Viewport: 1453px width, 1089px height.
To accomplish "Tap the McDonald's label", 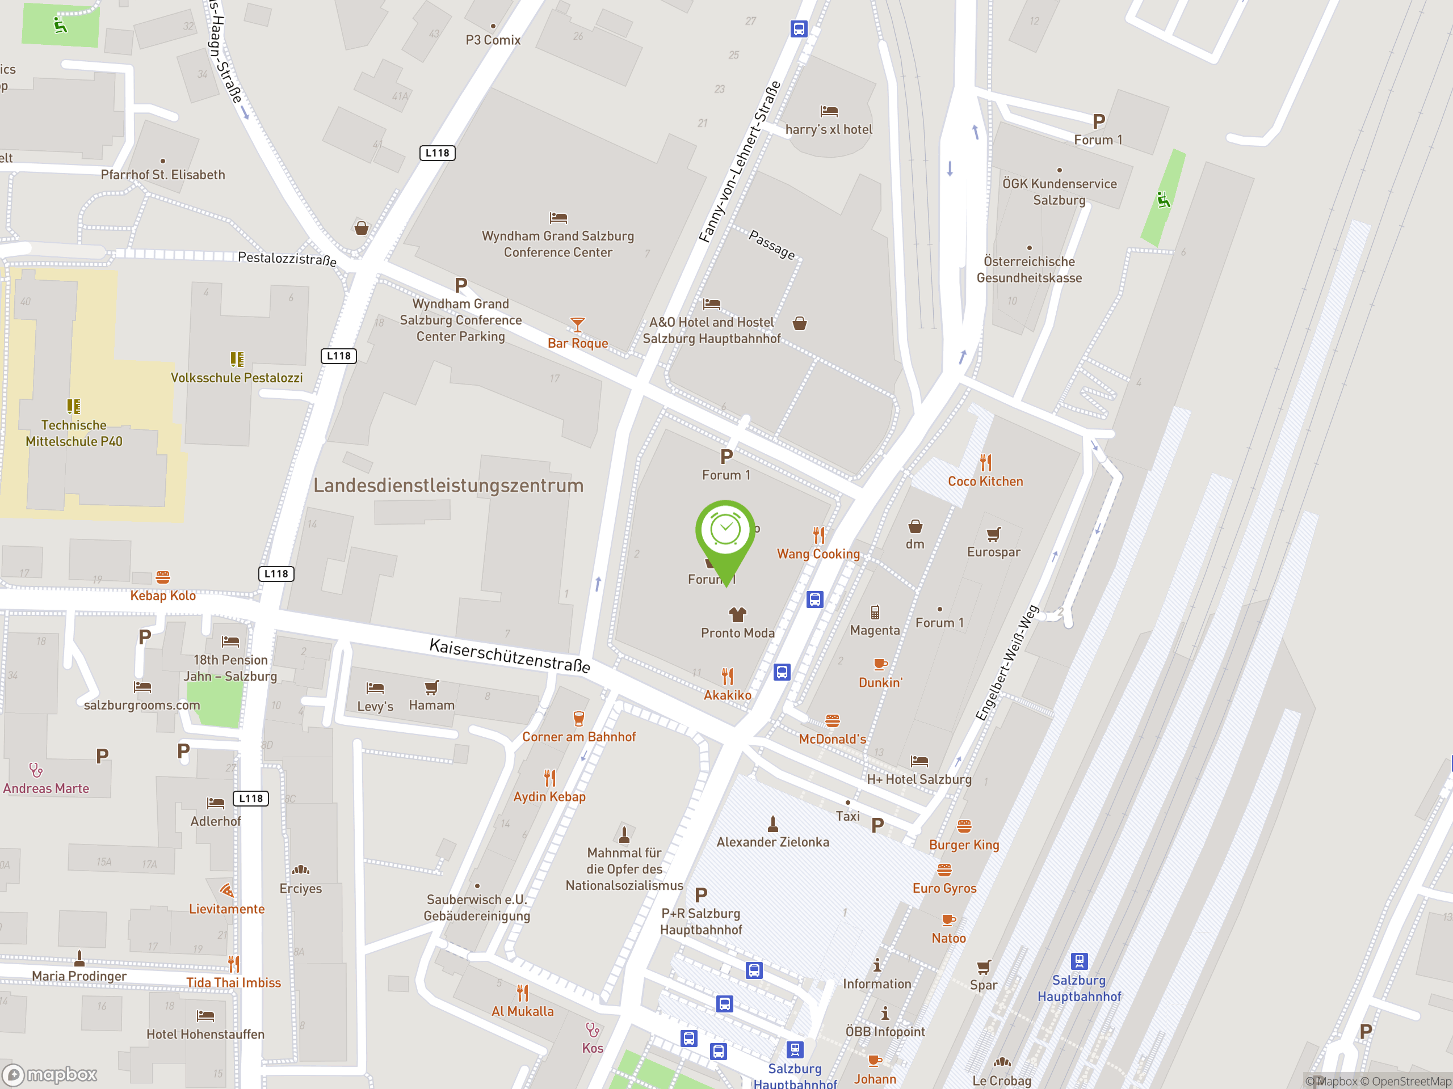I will [832, 738].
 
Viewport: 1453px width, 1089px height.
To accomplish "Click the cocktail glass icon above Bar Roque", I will [577, 324].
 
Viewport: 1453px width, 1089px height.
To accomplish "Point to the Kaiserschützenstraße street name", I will [509, 655].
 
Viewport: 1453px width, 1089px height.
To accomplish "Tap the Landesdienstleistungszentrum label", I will [448, 485].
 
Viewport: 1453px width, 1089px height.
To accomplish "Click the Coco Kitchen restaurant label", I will [985, 481].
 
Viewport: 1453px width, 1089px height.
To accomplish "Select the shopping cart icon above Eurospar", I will [993, 534].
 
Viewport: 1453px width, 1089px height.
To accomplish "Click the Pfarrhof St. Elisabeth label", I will [162, 175].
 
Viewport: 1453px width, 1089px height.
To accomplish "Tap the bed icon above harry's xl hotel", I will [829, 111].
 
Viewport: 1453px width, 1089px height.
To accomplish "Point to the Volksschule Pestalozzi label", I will [237, 377].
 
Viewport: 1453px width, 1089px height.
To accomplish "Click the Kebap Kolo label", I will [162, 596].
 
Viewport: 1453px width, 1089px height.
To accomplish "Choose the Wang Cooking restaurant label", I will [818, 554].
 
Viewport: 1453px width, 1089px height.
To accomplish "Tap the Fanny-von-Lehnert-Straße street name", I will [739, 162].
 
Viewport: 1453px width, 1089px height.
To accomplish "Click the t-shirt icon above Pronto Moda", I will [738, 614].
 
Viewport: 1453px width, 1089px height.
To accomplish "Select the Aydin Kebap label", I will [549, 796].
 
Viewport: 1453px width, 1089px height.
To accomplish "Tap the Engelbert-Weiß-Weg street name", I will [1006, 663].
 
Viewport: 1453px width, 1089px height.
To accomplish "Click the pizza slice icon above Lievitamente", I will [226, 890].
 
